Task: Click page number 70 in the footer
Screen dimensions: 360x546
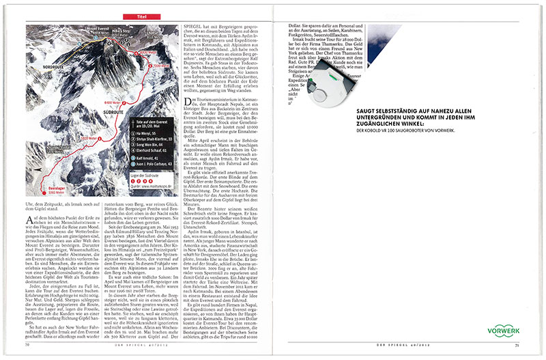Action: [x=27, y=344]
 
